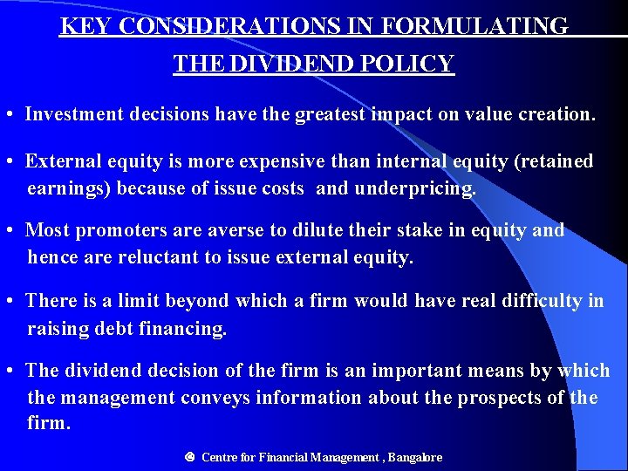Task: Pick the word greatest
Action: (334, 114)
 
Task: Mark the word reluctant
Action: (153, 257)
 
